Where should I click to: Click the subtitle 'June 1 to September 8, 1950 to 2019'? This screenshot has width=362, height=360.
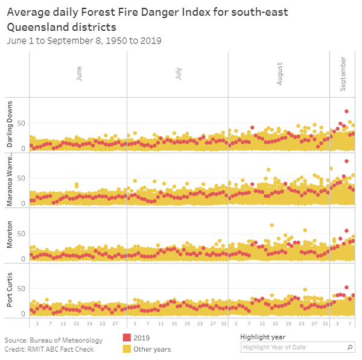coord(84,41)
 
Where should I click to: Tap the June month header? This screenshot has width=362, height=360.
coord(79,73)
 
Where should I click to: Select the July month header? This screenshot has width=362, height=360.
coord(179,73)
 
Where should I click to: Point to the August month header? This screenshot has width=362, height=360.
coord(279,73)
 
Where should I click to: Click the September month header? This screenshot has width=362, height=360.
coord(343,73)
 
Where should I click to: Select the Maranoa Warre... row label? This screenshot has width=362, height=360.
coord(10,180)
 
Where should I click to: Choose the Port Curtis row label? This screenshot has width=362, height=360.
coord(10,291)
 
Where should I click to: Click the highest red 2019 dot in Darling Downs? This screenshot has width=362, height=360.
coord(346,112)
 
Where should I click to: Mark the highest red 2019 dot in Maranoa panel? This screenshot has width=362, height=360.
coord(346,161)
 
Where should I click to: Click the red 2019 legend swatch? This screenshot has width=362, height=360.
coord(127,338)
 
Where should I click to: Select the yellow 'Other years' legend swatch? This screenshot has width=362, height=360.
coord(127,349)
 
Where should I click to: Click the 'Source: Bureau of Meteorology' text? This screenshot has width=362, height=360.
coord(53,340)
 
